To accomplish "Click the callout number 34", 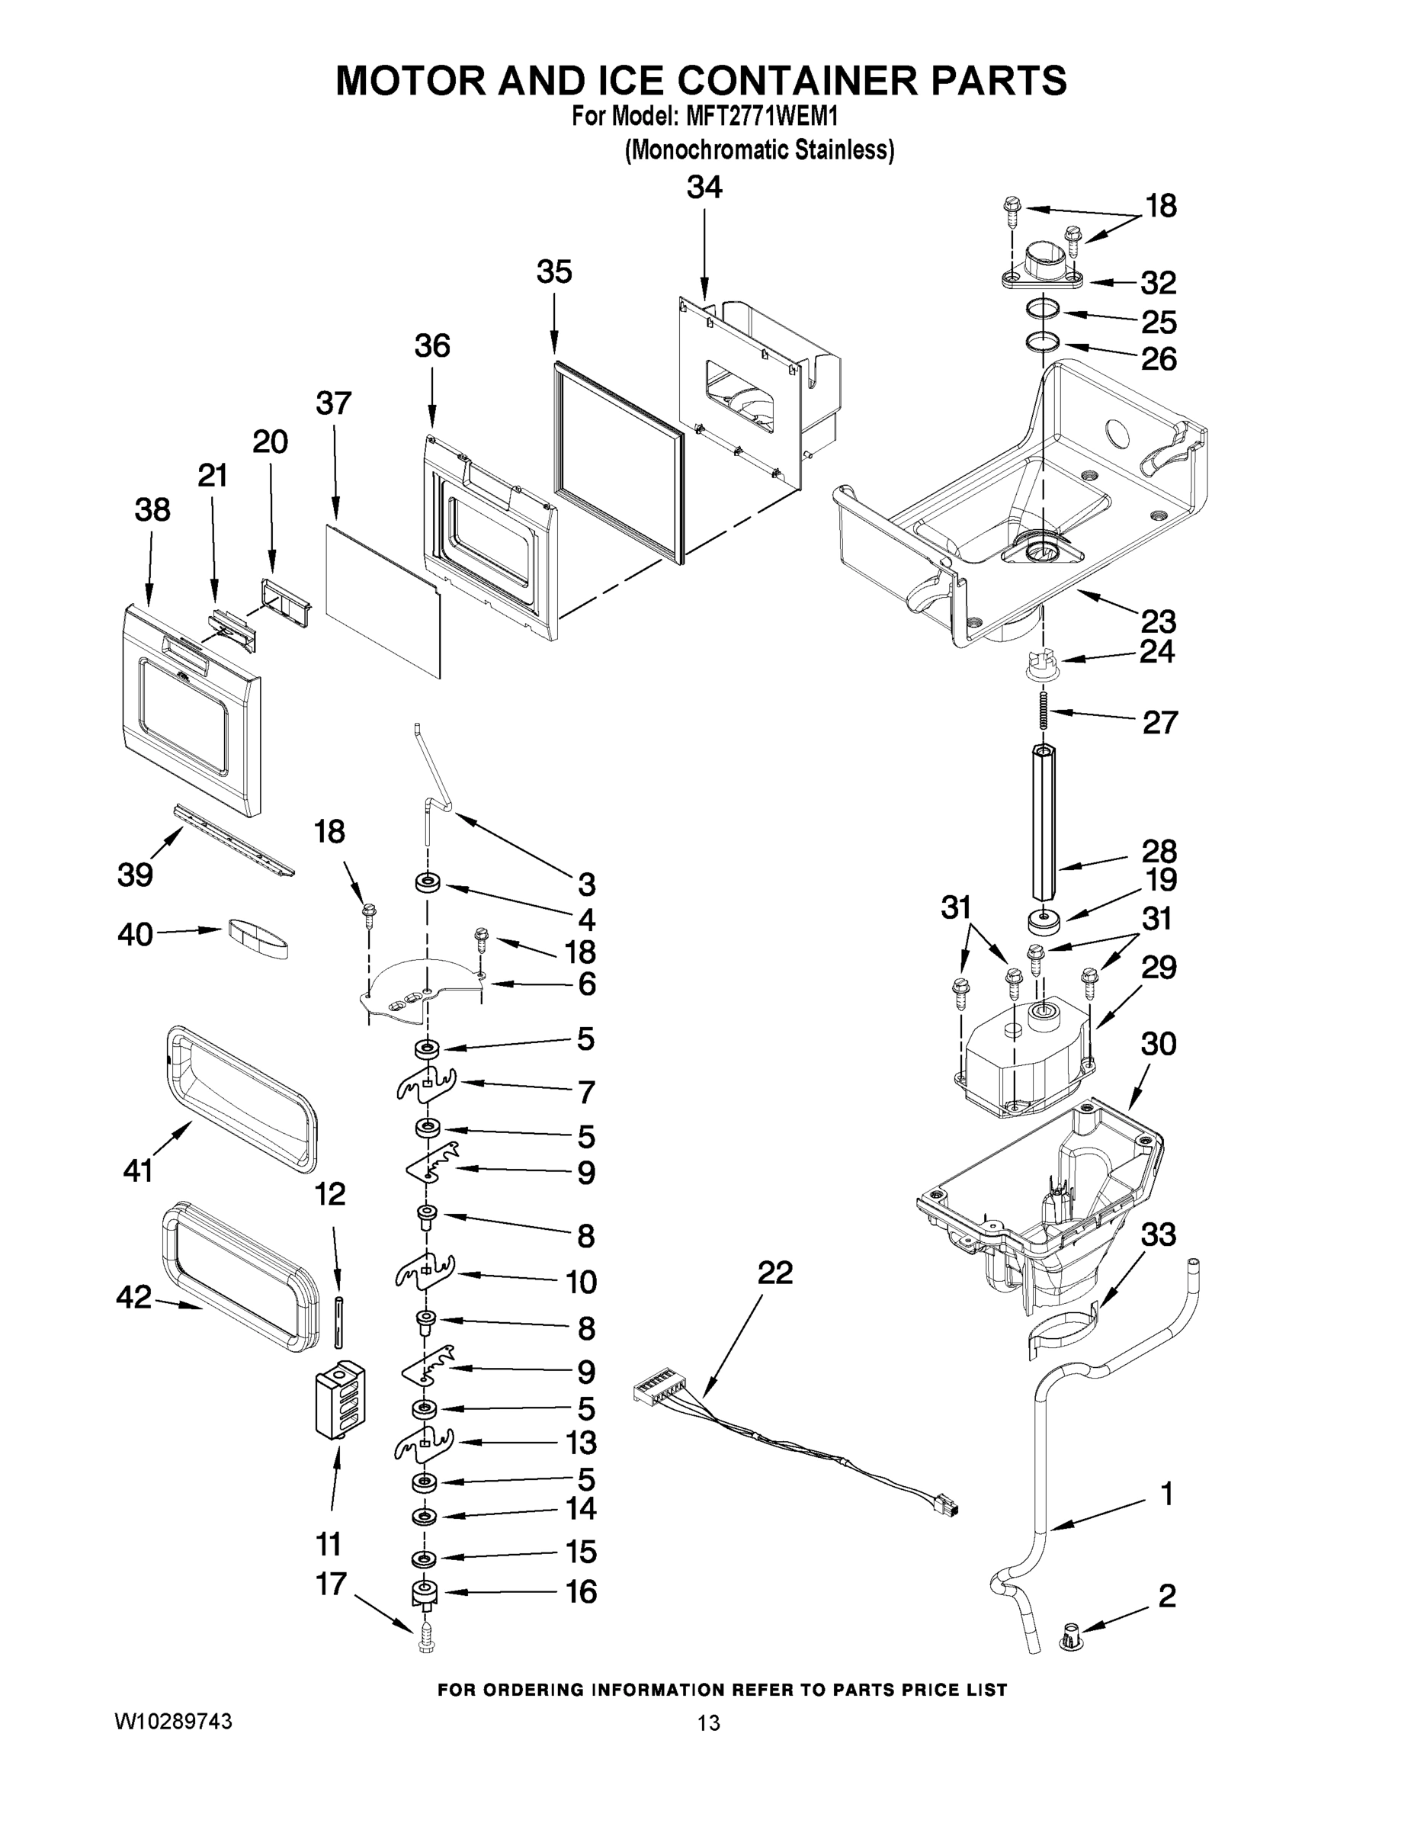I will coord(704,187).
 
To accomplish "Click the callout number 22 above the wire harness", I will coord(775,1273).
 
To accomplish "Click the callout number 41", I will coord(138,1170).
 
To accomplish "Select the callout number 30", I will coord(1159,1044).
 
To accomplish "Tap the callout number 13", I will coord(581,1442).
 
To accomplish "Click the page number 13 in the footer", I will coord(708,1722).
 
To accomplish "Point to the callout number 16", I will coord(581,1591).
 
